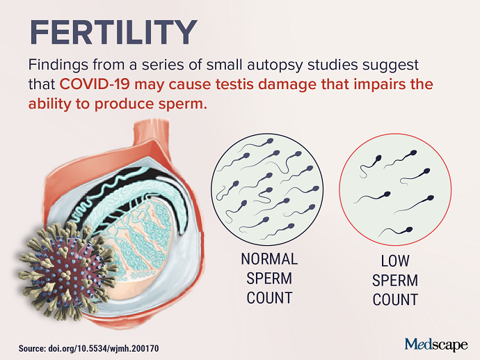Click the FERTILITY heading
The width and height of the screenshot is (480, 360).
point(113,32)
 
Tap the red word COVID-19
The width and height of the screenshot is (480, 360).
point(95,84)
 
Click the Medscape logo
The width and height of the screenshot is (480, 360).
point(436,345)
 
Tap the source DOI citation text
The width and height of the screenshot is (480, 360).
point(89,348)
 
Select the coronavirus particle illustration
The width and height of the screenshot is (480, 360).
point(67,271)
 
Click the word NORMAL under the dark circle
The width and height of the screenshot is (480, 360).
point(269,259)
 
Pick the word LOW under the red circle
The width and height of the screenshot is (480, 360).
point(395,261)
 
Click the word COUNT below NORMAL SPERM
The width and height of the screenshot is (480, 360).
point(269,298)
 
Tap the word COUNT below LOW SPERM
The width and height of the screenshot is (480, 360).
point(395,299)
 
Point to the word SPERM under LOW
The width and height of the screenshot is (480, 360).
point(395,281)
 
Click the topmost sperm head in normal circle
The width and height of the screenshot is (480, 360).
point(270,141)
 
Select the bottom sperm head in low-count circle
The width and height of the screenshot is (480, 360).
point(408,230)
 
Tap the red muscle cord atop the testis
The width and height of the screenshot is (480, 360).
point(152,131)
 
